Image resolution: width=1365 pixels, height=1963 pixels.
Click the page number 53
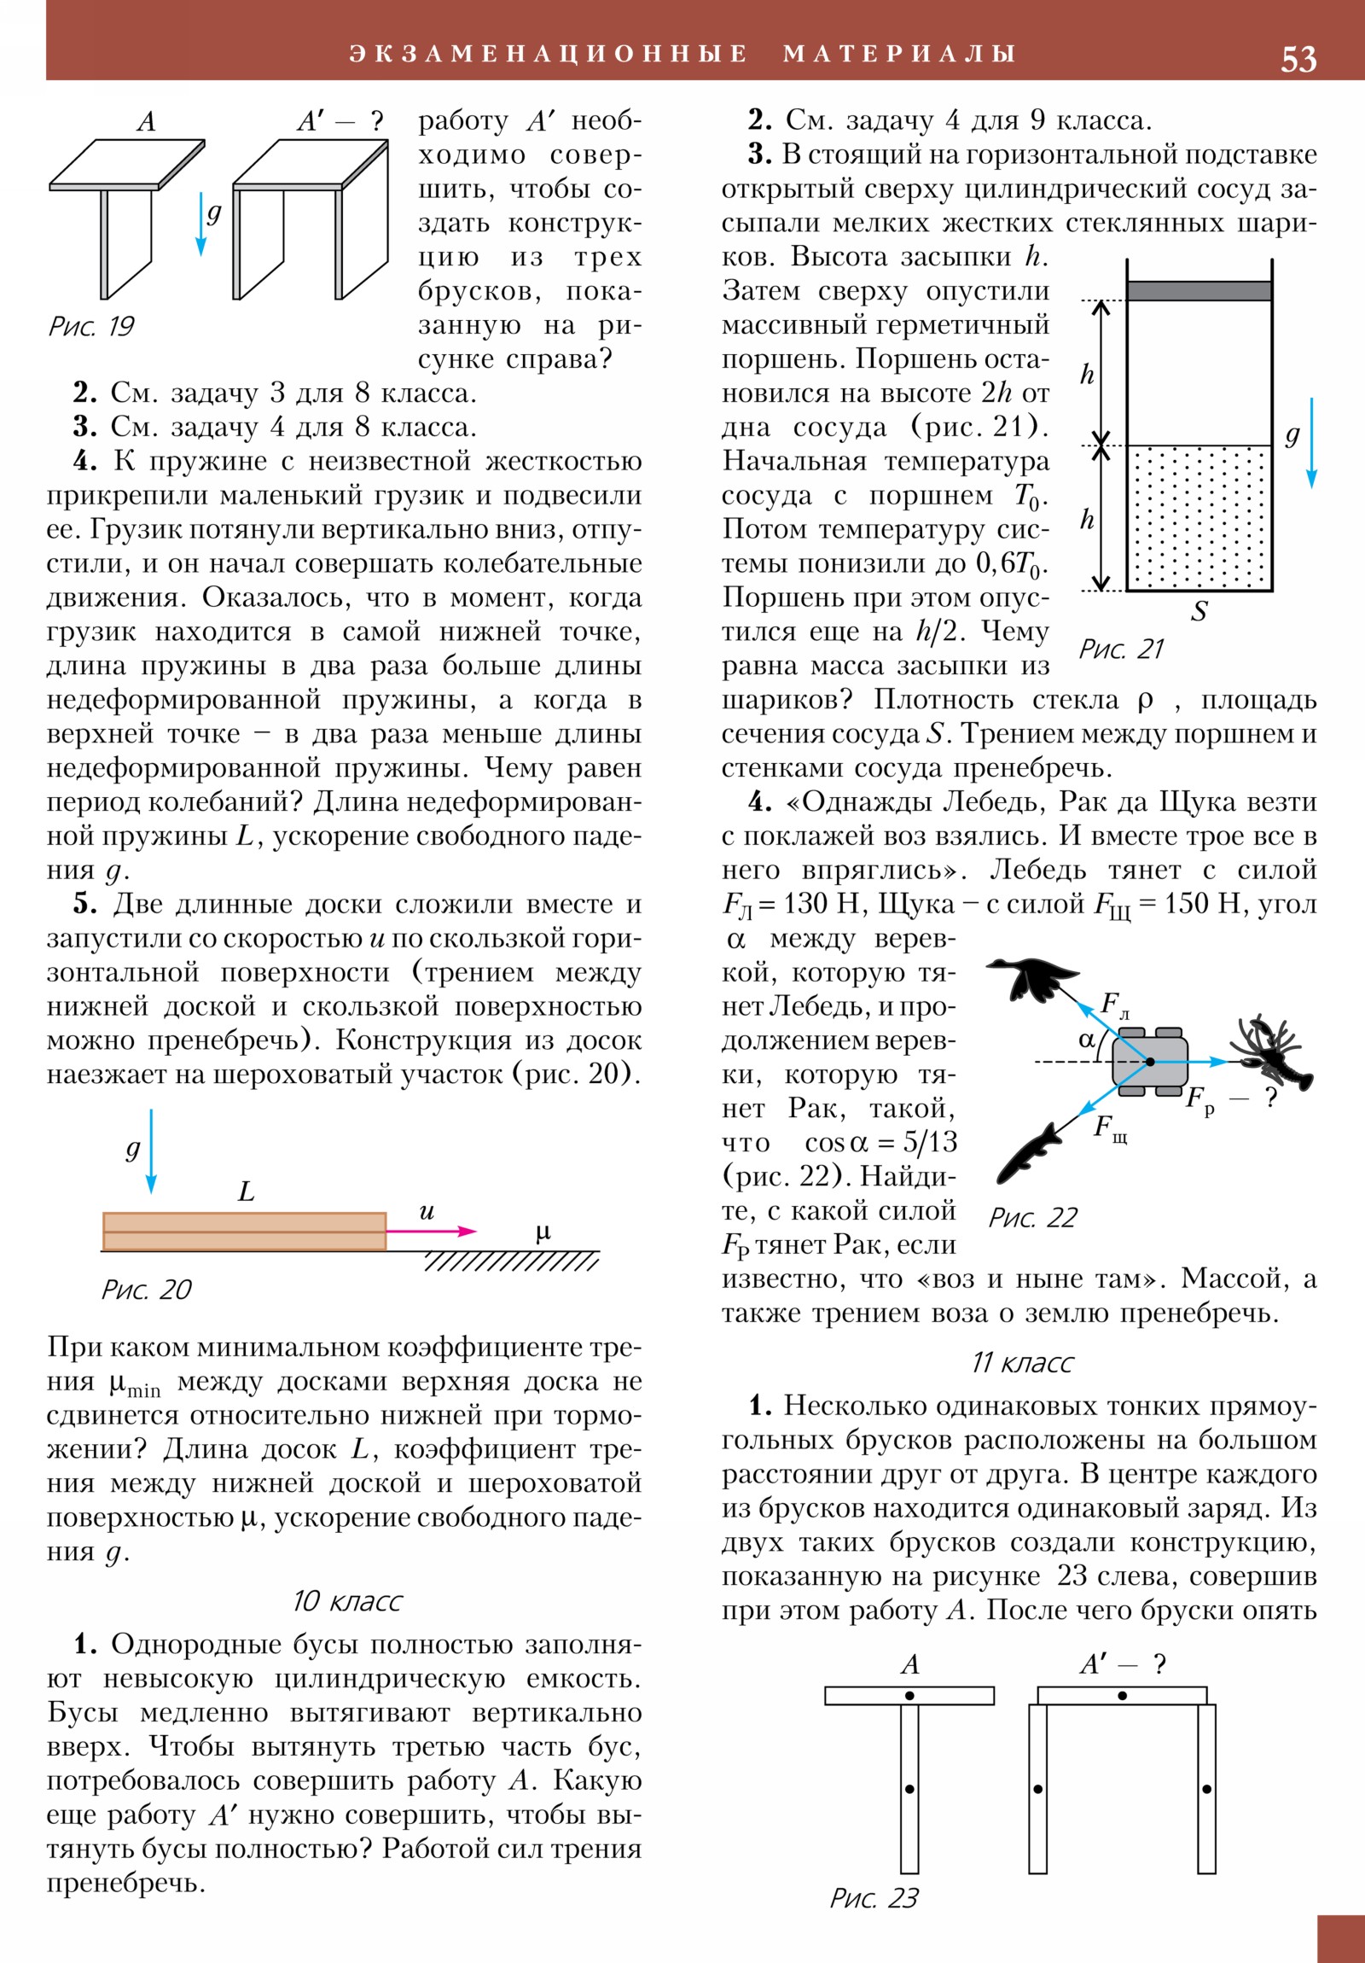pos(1298,59)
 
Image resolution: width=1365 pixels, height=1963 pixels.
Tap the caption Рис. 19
pos(91,326)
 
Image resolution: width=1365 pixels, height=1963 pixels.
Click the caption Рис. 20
pos(146,1290)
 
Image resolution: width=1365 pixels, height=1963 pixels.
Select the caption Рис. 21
pos(1120,649)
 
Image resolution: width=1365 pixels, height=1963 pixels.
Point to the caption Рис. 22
pos(1032,1217)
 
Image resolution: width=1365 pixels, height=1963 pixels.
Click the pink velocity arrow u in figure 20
pos(431,1232)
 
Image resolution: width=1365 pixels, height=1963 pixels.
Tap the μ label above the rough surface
pos(543,1232)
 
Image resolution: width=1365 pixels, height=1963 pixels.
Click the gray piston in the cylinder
pos(1199,291)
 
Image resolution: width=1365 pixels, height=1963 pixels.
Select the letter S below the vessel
pos(1199,612)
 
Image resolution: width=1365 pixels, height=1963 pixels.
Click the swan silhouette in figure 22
pos(1033,977)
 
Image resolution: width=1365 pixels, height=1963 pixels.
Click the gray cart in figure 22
pos(1150,1061)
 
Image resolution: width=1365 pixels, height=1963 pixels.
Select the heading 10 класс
pos(347,1600)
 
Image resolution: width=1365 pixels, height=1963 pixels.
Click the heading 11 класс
pos(1021,1362)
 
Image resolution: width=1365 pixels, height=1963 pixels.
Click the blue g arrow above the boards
pos(151,1150)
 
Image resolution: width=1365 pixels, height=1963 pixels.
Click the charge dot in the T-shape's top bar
pos(909,1695)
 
